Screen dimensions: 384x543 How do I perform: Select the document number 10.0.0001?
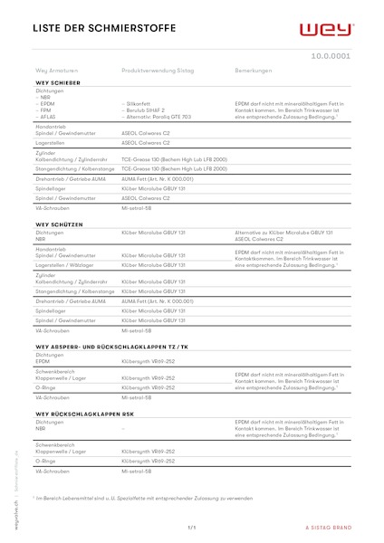pos(331,55)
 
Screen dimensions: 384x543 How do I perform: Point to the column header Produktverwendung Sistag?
pos(155,70)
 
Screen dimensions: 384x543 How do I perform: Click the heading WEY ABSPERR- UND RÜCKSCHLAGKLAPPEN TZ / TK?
pos(111,347)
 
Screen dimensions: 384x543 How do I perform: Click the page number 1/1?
pos(192,527)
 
